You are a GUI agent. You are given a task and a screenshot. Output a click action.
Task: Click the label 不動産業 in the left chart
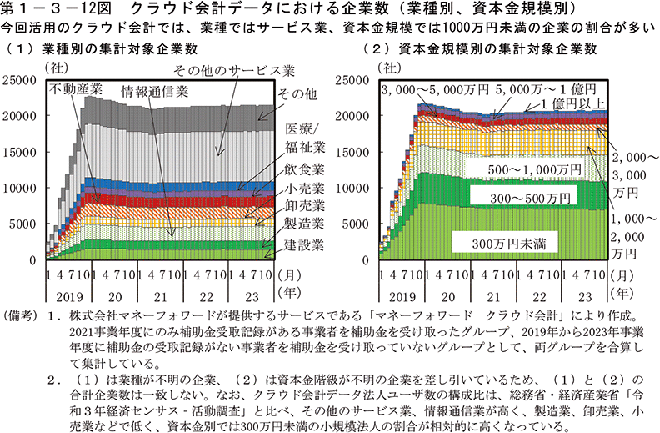pos(76,88)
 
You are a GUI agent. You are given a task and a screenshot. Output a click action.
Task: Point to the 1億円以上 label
pos(570,103)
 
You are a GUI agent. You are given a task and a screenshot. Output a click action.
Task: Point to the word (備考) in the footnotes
pos(22,317)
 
